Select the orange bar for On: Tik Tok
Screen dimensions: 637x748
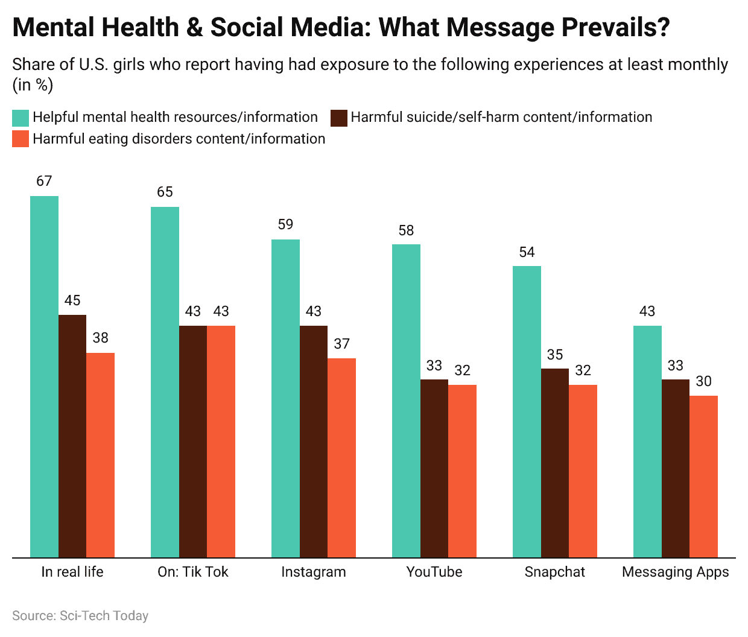click(221, 441)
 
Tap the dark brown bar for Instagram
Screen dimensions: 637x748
click(314, 441)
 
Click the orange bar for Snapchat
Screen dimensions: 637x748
click(583, 471)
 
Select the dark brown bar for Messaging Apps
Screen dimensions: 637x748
click(676, 468)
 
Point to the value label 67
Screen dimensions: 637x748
click(44, 181)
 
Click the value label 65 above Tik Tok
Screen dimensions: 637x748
click(165, 192)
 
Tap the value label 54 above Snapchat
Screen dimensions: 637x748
click(527, 252)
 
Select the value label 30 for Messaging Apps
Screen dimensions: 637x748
click(703, 381)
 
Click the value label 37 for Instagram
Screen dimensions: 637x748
click(341, 344)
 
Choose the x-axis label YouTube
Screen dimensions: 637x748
click(434, 572)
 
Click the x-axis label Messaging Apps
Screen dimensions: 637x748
click(676, 572)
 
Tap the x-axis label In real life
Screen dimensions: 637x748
click(72, 572)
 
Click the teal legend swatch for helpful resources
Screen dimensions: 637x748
click(21, 118)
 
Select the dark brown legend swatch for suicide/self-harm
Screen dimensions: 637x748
click(338, 118)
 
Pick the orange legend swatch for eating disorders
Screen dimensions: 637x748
click(21, 139)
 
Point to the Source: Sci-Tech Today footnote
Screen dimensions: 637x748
click(80, 616)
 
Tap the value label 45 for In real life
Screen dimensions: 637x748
click(72, 300)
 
